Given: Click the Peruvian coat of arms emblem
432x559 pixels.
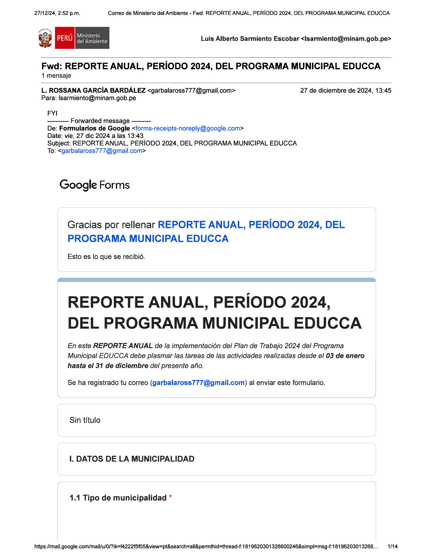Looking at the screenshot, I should point(45,38).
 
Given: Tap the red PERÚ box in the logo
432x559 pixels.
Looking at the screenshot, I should point(65,38).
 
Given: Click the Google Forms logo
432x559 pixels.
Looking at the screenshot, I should point(95,185).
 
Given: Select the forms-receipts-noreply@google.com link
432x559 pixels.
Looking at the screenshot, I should point(188,128).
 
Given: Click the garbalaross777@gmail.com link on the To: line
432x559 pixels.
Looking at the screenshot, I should point(102,151).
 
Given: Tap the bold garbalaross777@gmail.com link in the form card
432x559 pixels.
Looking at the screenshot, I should point(198,383).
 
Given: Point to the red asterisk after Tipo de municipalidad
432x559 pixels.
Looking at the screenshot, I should point(170,497).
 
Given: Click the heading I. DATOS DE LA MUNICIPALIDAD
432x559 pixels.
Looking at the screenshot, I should point(132,459).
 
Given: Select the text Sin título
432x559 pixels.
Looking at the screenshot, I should point(85,420).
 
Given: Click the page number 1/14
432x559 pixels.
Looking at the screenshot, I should point(392,547).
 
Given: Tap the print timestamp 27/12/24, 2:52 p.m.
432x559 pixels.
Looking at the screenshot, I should point(57,13).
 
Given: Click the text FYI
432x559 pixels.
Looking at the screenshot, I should point(52,113).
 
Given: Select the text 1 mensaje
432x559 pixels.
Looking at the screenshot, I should point(56,76).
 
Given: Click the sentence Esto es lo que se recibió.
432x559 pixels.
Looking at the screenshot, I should point(106,257).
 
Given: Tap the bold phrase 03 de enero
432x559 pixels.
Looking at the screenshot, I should point(345,356).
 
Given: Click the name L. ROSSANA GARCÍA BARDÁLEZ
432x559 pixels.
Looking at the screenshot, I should point(94,91).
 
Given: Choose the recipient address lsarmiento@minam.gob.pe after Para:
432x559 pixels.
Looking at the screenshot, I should point(97,98).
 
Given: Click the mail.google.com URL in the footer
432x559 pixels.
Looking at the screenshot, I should point(206,547).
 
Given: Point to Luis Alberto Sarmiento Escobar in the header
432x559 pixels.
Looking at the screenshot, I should point(250,39).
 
